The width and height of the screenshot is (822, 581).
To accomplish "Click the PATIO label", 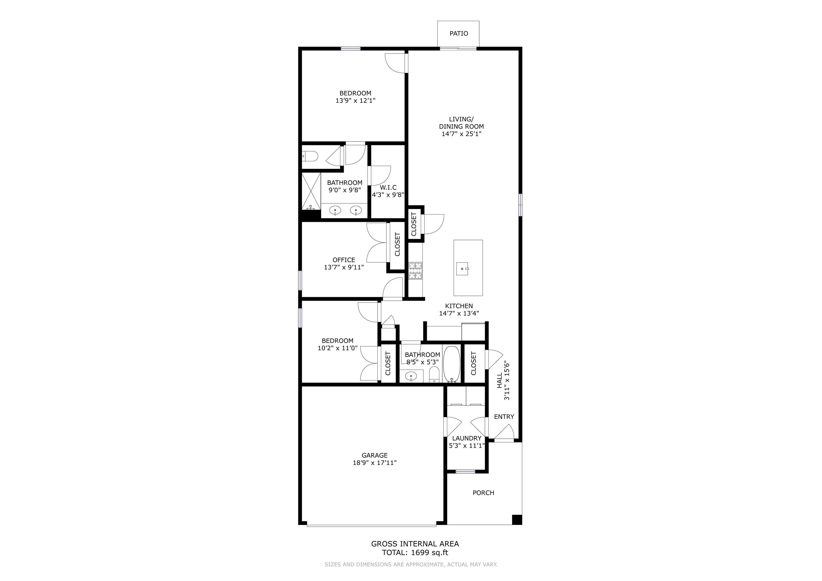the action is (459, 33).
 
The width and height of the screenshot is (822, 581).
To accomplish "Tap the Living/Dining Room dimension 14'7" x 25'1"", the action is (462, 134).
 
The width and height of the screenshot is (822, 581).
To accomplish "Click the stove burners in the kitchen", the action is (415, 271).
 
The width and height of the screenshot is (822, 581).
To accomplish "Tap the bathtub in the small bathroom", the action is (452, 364).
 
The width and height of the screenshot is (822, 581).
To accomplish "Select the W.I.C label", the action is (388, 187).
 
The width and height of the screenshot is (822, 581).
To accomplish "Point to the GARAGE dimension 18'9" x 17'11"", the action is (375, 462).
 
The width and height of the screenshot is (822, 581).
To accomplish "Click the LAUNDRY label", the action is (466, 438).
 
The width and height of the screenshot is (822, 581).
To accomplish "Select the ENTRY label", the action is (504, 417).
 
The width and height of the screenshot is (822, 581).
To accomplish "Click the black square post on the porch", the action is (517, 520).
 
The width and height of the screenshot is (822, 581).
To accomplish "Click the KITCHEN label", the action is (459, 306).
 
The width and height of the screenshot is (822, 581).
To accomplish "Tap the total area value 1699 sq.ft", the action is (430, 552).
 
